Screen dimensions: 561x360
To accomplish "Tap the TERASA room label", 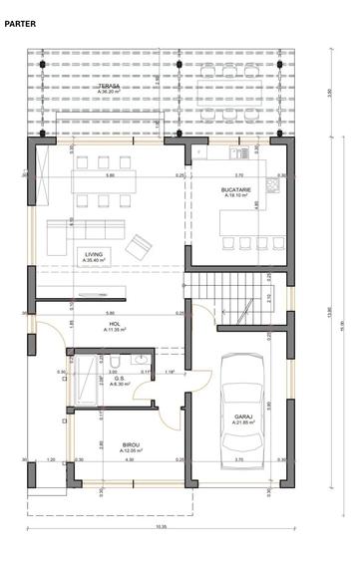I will (109, 87).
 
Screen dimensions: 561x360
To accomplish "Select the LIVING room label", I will (95, 253).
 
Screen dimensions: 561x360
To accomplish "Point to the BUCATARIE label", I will (236, 189).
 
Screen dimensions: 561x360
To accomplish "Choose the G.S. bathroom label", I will (118, 378).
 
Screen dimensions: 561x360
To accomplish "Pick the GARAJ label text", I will (242, 416).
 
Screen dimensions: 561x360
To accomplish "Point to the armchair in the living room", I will (140, 243).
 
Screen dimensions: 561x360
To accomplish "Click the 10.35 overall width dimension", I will (160, 526).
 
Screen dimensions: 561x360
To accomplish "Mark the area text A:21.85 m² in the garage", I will (242, 423).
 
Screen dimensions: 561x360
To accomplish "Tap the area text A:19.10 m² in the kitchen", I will (236, 196).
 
